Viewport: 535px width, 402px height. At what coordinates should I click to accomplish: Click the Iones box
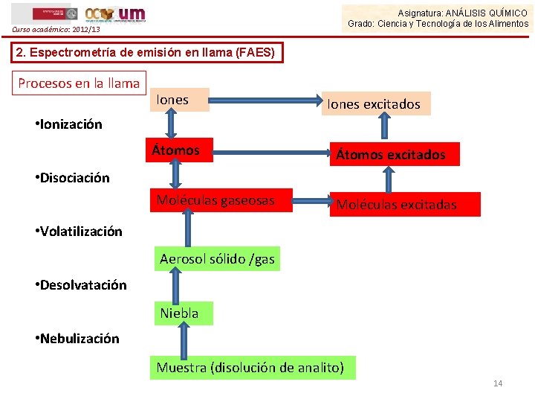click(179, 100)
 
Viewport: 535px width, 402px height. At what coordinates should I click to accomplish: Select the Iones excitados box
click(373, 104)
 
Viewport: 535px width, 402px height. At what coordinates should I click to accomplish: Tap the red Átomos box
click(181, 150)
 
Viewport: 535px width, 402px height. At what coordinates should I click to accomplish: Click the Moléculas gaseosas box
click(215, 200)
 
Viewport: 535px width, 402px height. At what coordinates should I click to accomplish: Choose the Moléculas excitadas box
click(396, 205)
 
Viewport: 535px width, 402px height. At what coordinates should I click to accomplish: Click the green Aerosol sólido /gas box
click(217, 259)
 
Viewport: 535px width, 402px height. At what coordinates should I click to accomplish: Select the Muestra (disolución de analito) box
click(250, 367)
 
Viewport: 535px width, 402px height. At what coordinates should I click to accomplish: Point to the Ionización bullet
click(68, 124)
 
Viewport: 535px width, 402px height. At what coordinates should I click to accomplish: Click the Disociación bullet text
click(72, 178)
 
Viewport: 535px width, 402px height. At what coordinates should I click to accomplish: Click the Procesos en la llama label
click(79, 83)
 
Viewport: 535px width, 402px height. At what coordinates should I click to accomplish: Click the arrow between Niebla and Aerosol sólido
click(177, 286)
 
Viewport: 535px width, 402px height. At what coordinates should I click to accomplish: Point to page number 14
click(498, 383)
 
